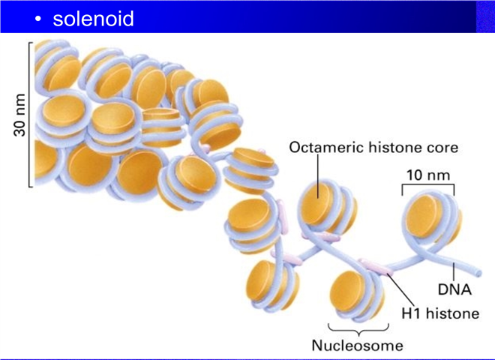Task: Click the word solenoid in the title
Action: [94, 18]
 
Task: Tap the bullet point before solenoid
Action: [38, 19]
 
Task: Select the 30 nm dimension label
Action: [19, 115]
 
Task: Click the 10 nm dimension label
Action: [428, 175]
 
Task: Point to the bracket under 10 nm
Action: [428, 185]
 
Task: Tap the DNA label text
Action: [454, 289]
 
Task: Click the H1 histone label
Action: [440, 313]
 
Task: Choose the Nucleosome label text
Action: [357, 346]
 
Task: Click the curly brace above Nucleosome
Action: [358, 329]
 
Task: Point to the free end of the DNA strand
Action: [479, 272]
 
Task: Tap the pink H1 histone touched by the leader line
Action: [376, 267]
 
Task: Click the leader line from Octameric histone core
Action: [318, 176]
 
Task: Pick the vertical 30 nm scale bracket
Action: [30, 115]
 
